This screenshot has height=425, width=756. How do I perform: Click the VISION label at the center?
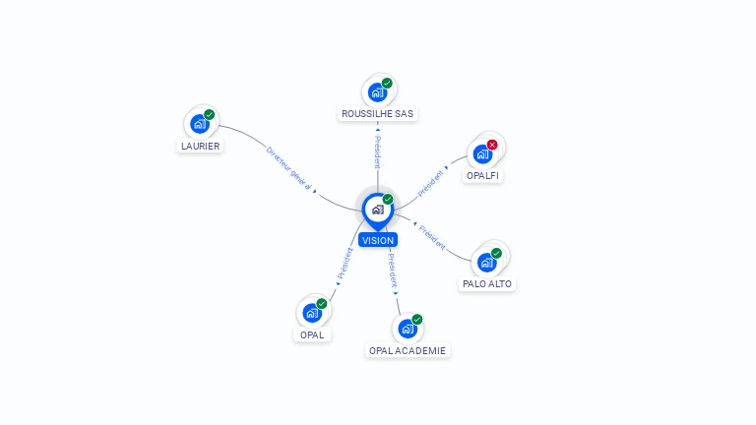[378, 240]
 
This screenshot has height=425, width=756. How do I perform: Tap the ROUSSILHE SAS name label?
[378, 114]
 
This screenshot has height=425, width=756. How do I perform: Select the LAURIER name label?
[200, 146]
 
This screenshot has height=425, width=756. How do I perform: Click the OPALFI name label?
[482, 176]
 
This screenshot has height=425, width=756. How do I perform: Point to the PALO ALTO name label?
[487, 284]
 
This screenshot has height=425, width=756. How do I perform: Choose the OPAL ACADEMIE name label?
[408, 351]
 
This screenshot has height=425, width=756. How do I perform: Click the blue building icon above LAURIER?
[200, 124]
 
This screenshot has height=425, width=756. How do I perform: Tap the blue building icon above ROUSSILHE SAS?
[378, 92]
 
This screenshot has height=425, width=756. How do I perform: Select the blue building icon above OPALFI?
[482, 154]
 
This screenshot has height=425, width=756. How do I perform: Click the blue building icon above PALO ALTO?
[487, 263]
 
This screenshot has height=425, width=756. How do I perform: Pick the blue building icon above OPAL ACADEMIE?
[408, 329]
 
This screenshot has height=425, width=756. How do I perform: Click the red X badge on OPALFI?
[492, 145]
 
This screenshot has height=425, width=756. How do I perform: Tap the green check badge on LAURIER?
[210, 115]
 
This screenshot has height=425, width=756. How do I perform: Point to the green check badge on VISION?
[388, 199]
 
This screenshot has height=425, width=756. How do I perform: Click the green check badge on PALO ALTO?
[496, 253]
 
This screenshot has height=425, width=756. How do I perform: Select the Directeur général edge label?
[288, 168]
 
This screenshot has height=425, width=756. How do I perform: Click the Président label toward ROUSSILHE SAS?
[378, 152]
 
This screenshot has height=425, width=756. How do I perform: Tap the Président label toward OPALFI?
[430, 183]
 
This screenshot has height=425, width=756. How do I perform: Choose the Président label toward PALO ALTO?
[432, 237]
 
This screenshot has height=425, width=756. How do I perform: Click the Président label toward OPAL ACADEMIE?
[393, 271]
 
